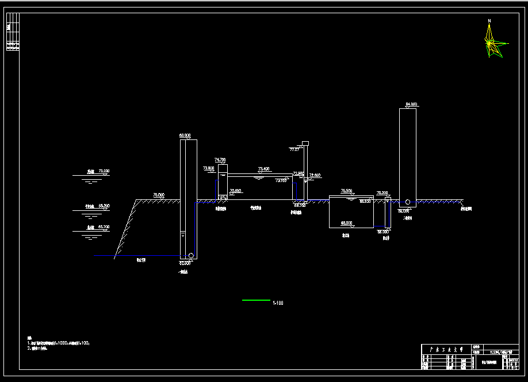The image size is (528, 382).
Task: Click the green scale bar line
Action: [x=256, y=300]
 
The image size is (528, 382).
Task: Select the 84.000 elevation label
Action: [x=411, y=104]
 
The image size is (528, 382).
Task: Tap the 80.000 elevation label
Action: [x=185, y=135]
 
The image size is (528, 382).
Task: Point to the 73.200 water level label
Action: [x=104, y=171]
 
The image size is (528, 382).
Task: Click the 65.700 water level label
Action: [x=104, y=228]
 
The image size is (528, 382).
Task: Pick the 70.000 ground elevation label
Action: [x=159, y=195]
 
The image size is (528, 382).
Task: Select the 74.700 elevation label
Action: [x=220, y=160]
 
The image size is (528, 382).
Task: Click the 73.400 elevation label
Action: [x=263, y=169]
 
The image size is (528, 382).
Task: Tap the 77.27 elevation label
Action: [x=294, y=149]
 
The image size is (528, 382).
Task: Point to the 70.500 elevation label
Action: [x=346, y=191]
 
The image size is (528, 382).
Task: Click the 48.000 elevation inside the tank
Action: [x=346, y=222]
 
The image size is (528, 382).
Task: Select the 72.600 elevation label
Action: [x=315, y=175]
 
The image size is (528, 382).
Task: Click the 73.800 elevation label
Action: [x=208, y=168]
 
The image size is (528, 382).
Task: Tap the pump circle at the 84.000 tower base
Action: [x=407, y=202]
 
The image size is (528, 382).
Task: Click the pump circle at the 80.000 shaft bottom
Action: [x=191, y=255]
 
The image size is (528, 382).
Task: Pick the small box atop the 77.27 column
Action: [x=305, y=143]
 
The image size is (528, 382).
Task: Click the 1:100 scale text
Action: [x=278, y=303]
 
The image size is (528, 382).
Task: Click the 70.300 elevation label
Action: [x=382, y=193]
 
